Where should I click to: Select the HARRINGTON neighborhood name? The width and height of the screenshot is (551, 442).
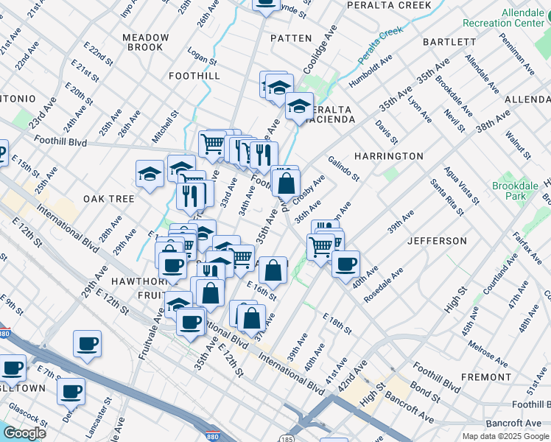coord(388,156)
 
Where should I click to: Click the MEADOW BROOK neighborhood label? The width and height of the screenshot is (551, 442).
coord(142,42)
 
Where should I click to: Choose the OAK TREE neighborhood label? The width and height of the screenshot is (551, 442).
coord(108,199)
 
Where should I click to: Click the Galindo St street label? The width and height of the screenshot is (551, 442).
coord(343,168)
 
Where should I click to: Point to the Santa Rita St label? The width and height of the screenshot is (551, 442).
coord(447,197)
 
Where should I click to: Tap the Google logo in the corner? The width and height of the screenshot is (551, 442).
coord(24,433)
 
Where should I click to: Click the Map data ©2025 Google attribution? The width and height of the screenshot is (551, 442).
coord(505,436)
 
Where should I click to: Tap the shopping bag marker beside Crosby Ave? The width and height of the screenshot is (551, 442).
coord(286,181)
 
